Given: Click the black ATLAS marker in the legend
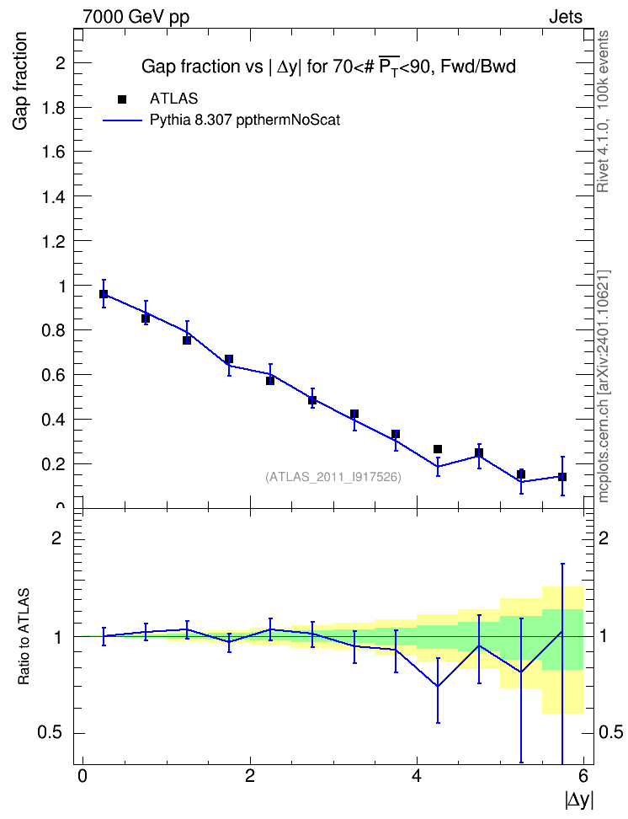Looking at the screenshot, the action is coord(122,99).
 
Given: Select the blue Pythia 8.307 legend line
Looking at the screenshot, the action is coord(122,120).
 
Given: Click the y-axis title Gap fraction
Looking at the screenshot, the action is coord(19,81).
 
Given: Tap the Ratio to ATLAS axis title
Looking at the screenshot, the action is coord(24,636).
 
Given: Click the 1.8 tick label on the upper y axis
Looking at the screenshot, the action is coord(53,108).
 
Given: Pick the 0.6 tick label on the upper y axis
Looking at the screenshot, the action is coord(53,374).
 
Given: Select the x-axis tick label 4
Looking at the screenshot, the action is coord(416,776).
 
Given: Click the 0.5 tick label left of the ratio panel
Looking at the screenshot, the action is coord(50,732).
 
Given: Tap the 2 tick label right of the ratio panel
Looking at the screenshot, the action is coord(604,538).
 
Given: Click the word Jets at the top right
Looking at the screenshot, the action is coord(566,17).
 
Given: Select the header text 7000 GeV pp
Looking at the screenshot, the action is coord(136,17).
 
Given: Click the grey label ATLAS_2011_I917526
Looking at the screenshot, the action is coord(333,477).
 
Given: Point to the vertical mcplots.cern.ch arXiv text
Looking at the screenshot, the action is coord(604,387).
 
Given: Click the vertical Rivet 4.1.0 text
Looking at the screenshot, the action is coord(604,111).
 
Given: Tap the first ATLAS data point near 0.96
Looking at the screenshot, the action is coord(104,294).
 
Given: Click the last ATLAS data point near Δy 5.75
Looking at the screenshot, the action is coord(562,477).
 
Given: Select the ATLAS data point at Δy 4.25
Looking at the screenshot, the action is coord(438,449).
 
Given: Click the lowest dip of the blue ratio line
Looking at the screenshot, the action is coord(438,687).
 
